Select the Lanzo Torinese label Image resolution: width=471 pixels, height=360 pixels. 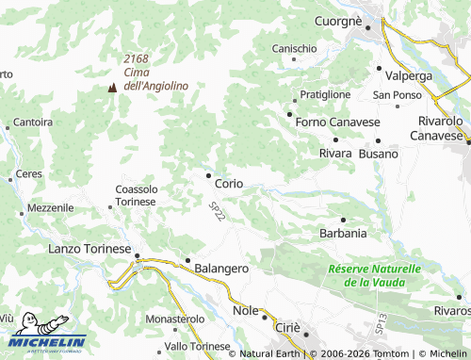89,249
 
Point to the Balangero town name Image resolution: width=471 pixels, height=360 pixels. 221,269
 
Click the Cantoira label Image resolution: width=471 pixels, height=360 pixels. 33,123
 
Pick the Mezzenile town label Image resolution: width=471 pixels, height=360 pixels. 51,207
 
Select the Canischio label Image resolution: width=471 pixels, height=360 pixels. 294,48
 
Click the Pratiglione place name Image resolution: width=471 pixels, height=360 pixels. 325,94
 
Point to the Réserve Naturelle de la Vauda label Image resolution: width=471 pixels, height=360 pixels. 375,275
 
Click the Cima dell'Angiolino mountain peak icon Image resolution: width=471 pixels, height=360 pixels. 112,87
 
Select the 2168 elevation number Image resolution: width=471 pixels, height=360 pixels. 136,58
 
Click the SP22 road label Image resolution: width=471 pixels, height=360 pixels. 218,212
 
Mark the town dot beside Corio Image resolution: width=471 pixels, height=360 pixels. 207,174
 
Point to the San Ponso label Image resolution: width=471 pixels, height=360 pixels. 397,95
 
